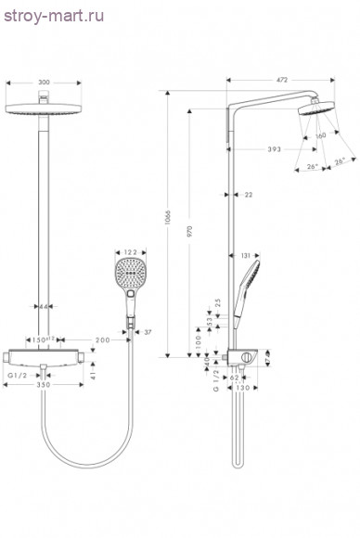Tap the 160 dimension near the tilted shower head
point(319,136)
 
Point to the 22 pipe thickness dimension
point(248,195)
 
